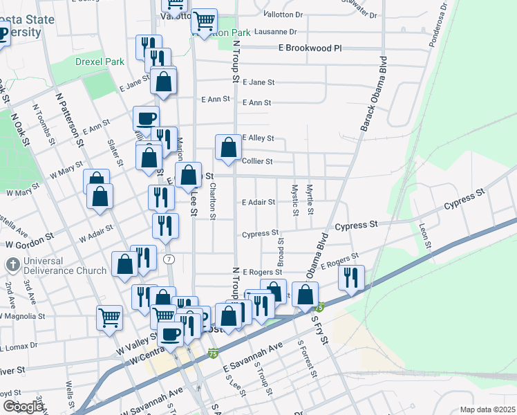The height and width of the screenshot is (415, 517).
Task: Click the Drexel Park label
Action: (x=97, y=62)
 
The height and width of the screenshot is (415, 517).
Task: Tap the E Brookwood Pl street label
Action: (x=310, y=49)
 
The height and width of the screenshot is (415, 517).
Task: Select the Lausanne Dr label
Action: (x=275, y=32)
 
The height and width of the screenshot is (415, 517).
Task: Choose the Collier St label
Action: (x=258, y=161)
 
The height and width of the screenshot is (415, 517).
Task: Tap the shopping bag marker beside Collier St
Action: (x=228, y=147)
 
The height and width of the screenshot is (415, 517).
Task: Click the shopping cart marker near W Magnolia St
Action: (x=109, y=318)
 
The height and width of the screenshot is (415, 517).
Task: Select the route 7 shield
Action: (x=170, y=259)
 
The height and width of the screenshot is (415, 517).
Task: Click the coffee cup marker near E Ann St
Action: (x=146, y=118)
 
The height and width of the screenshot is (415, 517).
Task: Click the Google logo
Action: (x=23, y=407)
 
